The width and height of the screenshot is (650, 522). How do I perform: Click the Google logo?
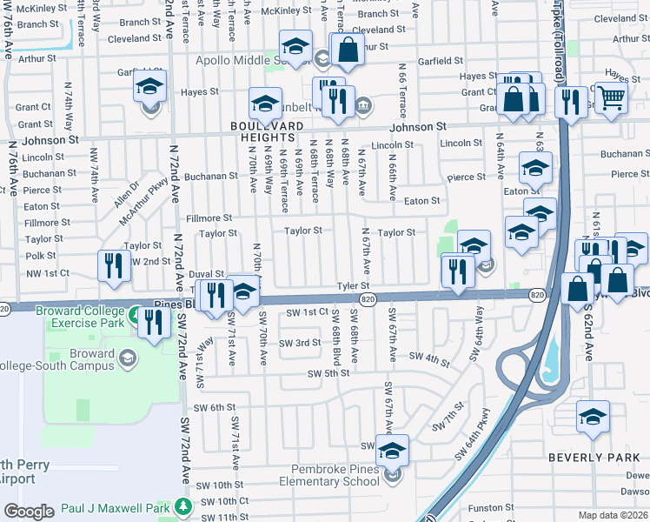click(29, 512)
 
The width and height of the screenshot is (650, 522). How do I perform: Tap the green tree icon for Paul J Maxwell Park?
click(182, 506)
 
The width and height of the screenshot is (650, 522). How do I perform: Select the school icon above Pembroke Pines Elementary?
click(392, 450)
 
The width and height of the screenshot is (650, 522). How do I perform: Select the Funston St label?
click(491, 507)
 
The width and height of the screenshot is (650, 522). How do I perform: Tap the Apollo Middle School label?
click(252, 60)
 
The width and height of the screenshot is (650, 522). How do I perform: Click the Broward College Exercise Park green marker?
click(135, 314)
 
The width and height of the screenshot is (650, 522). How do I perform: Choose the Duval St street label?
click(207, 273)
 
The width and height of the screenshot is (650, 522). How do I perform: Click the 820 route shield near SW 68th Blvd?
click(368, 299)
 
